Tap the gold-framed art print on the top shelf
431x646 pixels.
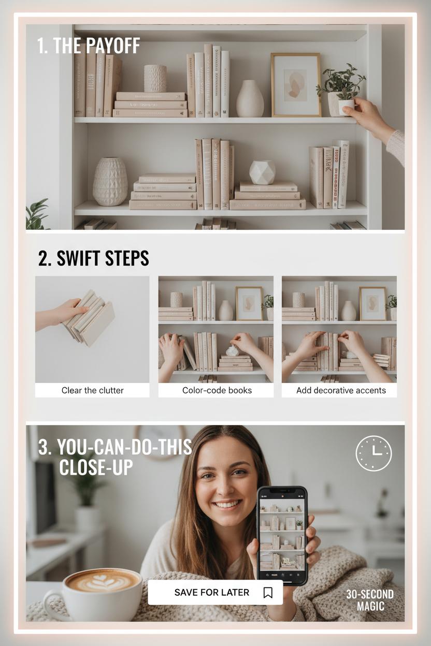click(296, 85)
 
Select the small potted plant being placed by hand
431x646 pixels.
click(341, 90)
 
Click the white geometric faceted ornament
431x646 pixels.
click(262, 172)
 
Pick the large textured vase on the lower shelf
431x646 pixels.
click(110, 181)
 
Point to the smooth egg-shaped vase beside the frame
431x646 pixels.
click(250, 99)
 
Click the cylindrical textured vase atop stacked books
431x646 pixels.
click(155, 79)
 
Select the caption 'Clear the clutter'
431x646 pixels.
click(92, 390)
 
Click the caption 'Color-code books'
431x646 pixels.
click(217, 390)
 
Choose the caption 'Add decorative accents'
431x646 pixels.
click(341, 390)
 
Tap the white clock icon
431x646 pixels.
click(373, 453)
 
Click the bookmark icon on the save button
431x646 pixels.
click(268, 593)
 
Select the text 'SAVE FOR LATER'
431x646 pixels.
click(211, 592)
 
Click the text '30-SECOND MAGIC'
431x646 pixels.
click(370, 600)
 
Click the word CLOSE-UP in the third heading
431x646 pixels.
click(96, 467)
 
